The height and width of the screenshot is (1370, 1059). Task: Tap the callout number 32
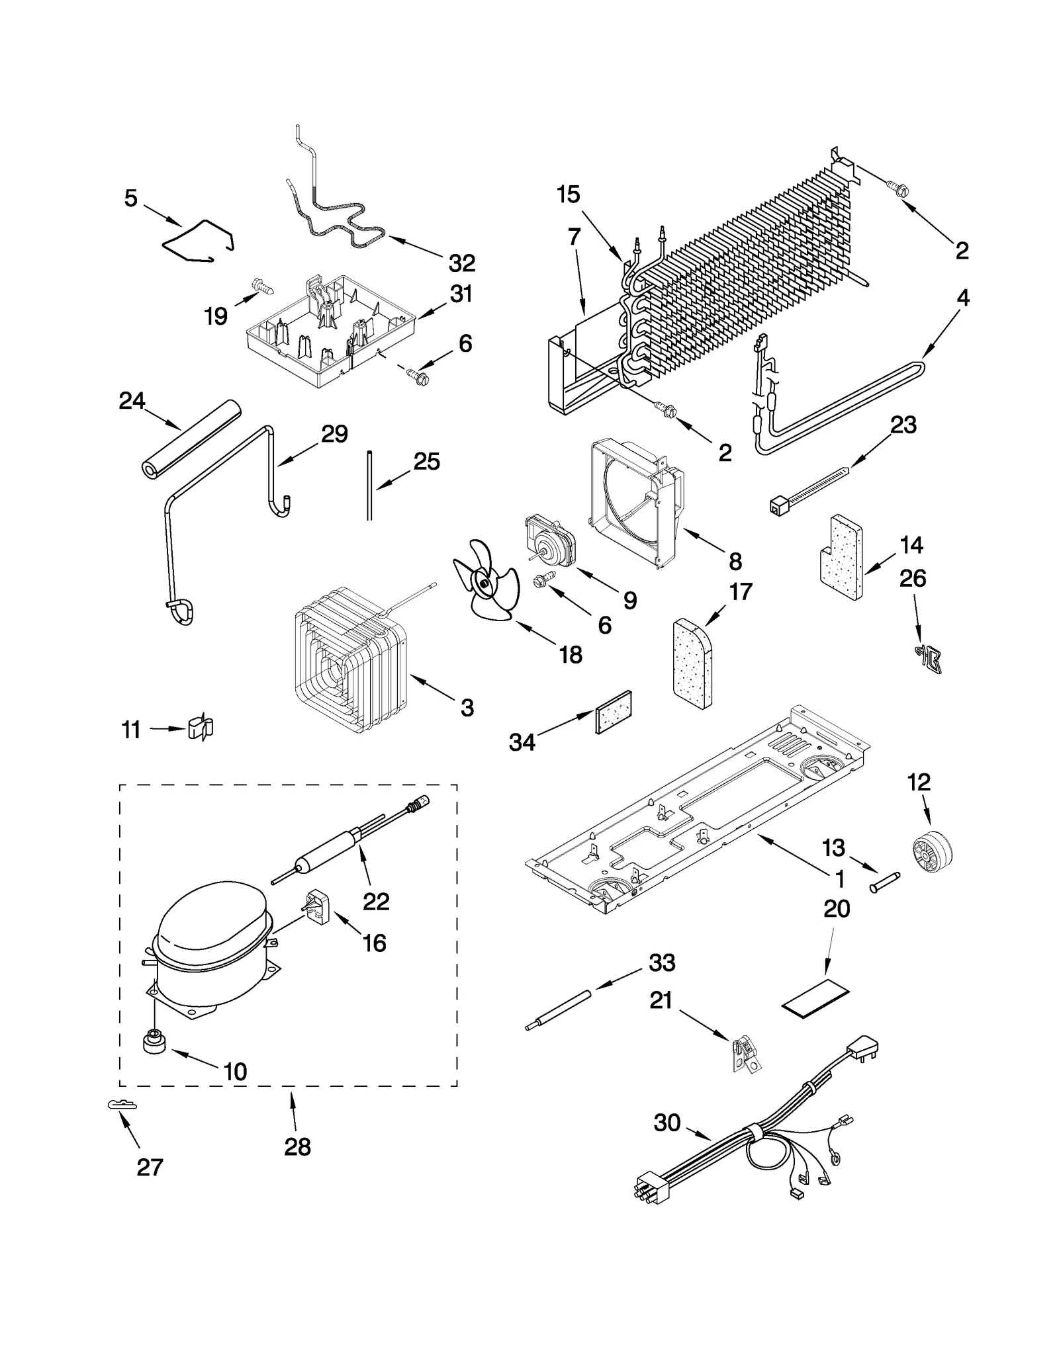tap(461, 263)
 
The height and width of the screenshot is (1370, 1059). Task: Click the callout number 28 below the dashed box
tap(297, 1146)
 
